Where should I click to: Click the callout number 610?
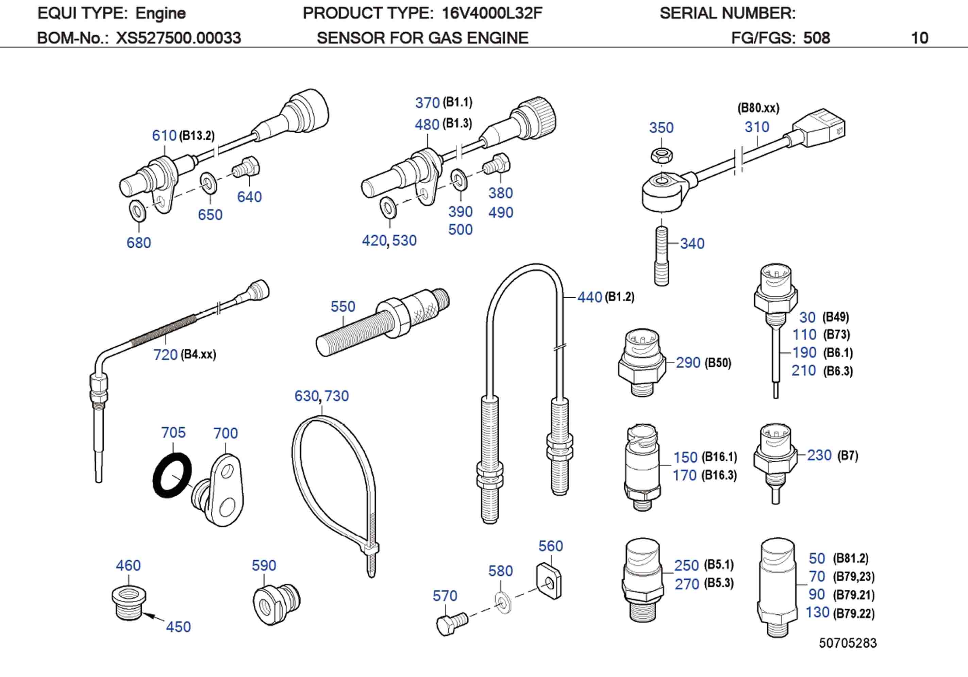[164, 135]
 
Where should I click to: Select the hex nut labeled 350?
[661, 156]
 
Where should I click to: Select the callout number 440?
[589, 297]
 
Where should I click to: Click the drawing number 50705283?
[847, 643]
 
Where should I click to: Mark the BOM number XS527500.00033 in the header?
[178, 38]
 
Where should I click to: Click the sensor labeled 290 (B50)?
[641, 363]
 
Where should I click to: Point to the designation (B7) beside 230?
[847, 456]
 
